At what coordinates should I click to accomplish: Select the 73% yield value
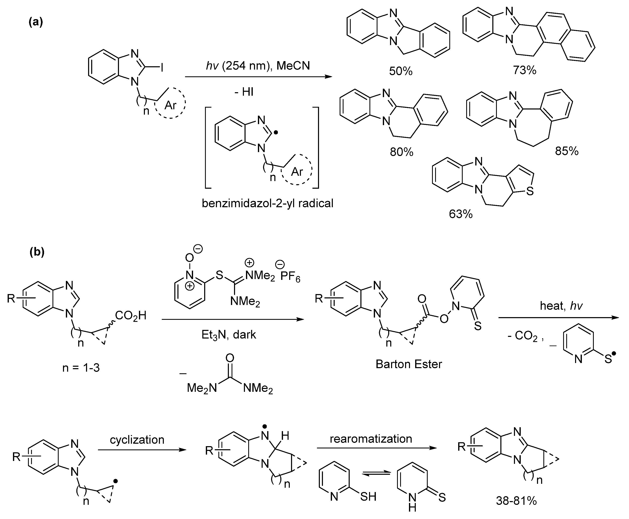[525, 70]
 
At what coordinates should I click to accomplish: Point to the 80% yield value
[402, 152]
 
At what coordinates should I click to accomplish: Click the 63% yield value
[461, 214]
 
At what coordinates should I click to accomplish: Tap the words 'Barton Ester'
[409, 364]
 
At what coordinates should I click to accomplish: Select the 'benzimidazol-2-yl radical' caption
[268, 203]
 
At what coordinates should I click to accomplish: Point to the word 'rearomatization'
[371, 438]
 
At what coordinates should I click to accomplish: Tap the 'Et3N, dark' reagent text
[229, 335]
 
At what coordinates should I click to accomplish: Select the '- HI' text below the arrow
[244, 92]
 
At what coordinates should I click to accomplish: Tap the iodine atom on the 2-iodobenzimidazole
[162, 68]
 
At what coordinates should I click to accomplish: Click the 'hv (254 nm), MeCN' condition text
[258, 65]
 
